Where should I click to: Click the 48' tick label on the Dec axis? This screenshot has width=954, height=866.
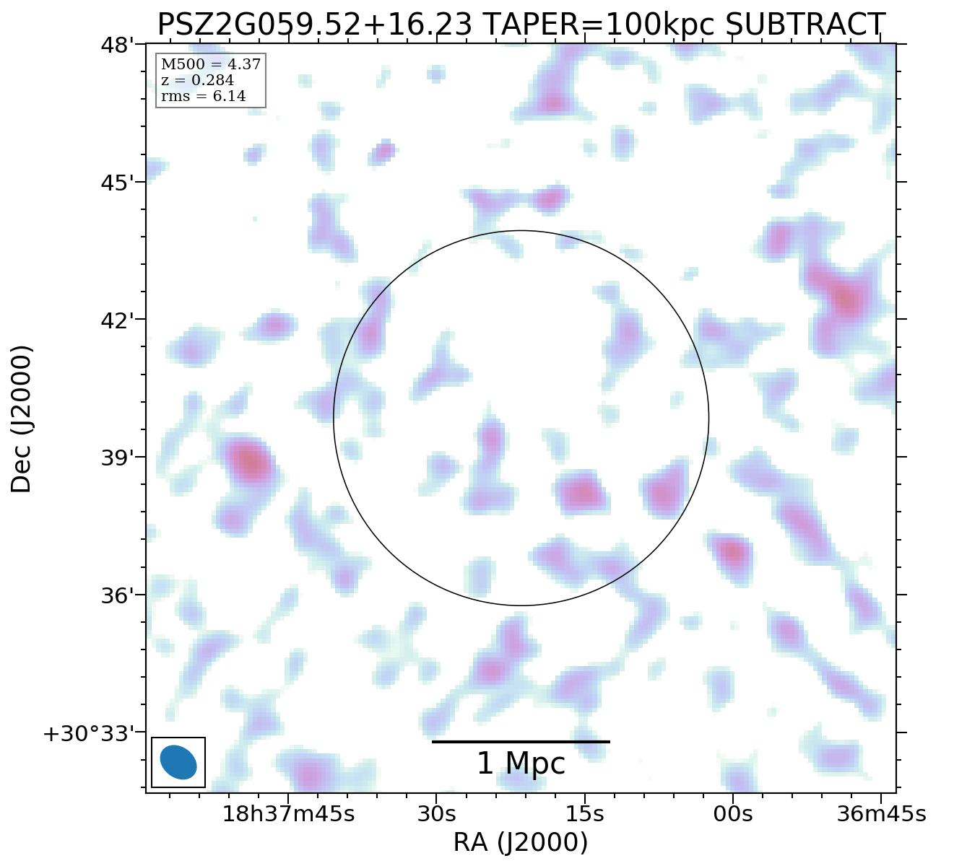click(x=118, y=45)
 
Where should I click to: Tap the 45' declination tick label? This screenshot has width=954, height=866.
click(x=118, y=183)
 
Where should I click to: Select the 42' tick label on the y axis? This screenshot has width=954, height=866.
click(x=118, y=320)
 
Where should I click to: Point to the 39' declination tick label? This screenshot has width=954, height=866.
click(x=118, y=458)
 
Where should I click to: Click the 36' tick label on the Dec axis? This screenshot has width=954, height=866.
click(x=118, y=595)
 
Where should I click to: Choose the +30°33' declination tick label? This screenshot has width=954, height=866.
click(x=90, y=734)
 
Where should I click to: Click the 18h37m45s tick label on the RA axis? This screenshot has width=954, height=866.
click(x=288, y=814)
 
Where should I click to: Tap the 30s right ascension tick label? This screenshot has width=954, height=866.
click(x=436, y=814)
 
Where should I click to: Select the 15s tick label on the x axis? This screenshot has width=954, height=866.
click(x=584, y=814)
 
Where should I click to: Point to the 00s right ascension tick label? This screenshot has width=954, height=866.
click(x=733, y=814)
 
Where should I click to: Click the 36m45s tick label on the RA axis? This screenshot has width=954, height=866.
click(x=881, y=814)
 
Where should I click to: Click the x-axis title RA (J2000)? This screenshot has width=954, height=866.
click(x=521, y=842)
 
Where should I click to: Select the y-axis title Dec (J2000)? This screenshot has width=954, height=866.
click(x=22, y=419)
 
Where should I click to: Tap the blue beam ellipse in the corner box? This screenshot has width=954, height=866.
click(x=178, y=762)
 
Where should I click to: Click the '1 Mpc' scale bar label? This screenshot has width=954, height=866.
click(x=521, y=764)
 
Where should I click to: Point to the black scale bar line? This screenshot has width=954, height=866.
click(x=521, y=742)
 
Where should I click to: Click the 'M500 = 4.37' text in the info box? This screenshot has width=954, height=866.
click(x=210, y=65)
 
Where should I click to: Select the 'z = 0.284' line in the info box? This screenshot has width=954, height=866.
click(x=197, y=81)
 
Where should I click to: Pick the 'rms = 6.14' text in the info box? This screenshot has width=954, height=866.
click(x=203, y=97)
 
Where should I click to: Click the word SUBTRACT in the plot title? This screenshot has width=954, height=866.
click(x=805, y=25)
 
